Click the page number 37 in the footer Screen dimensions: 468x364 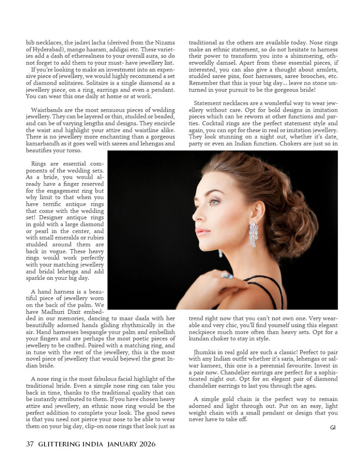[x=30, y=444]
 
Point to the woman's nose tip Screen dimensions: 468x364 [x=194, y=216]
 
